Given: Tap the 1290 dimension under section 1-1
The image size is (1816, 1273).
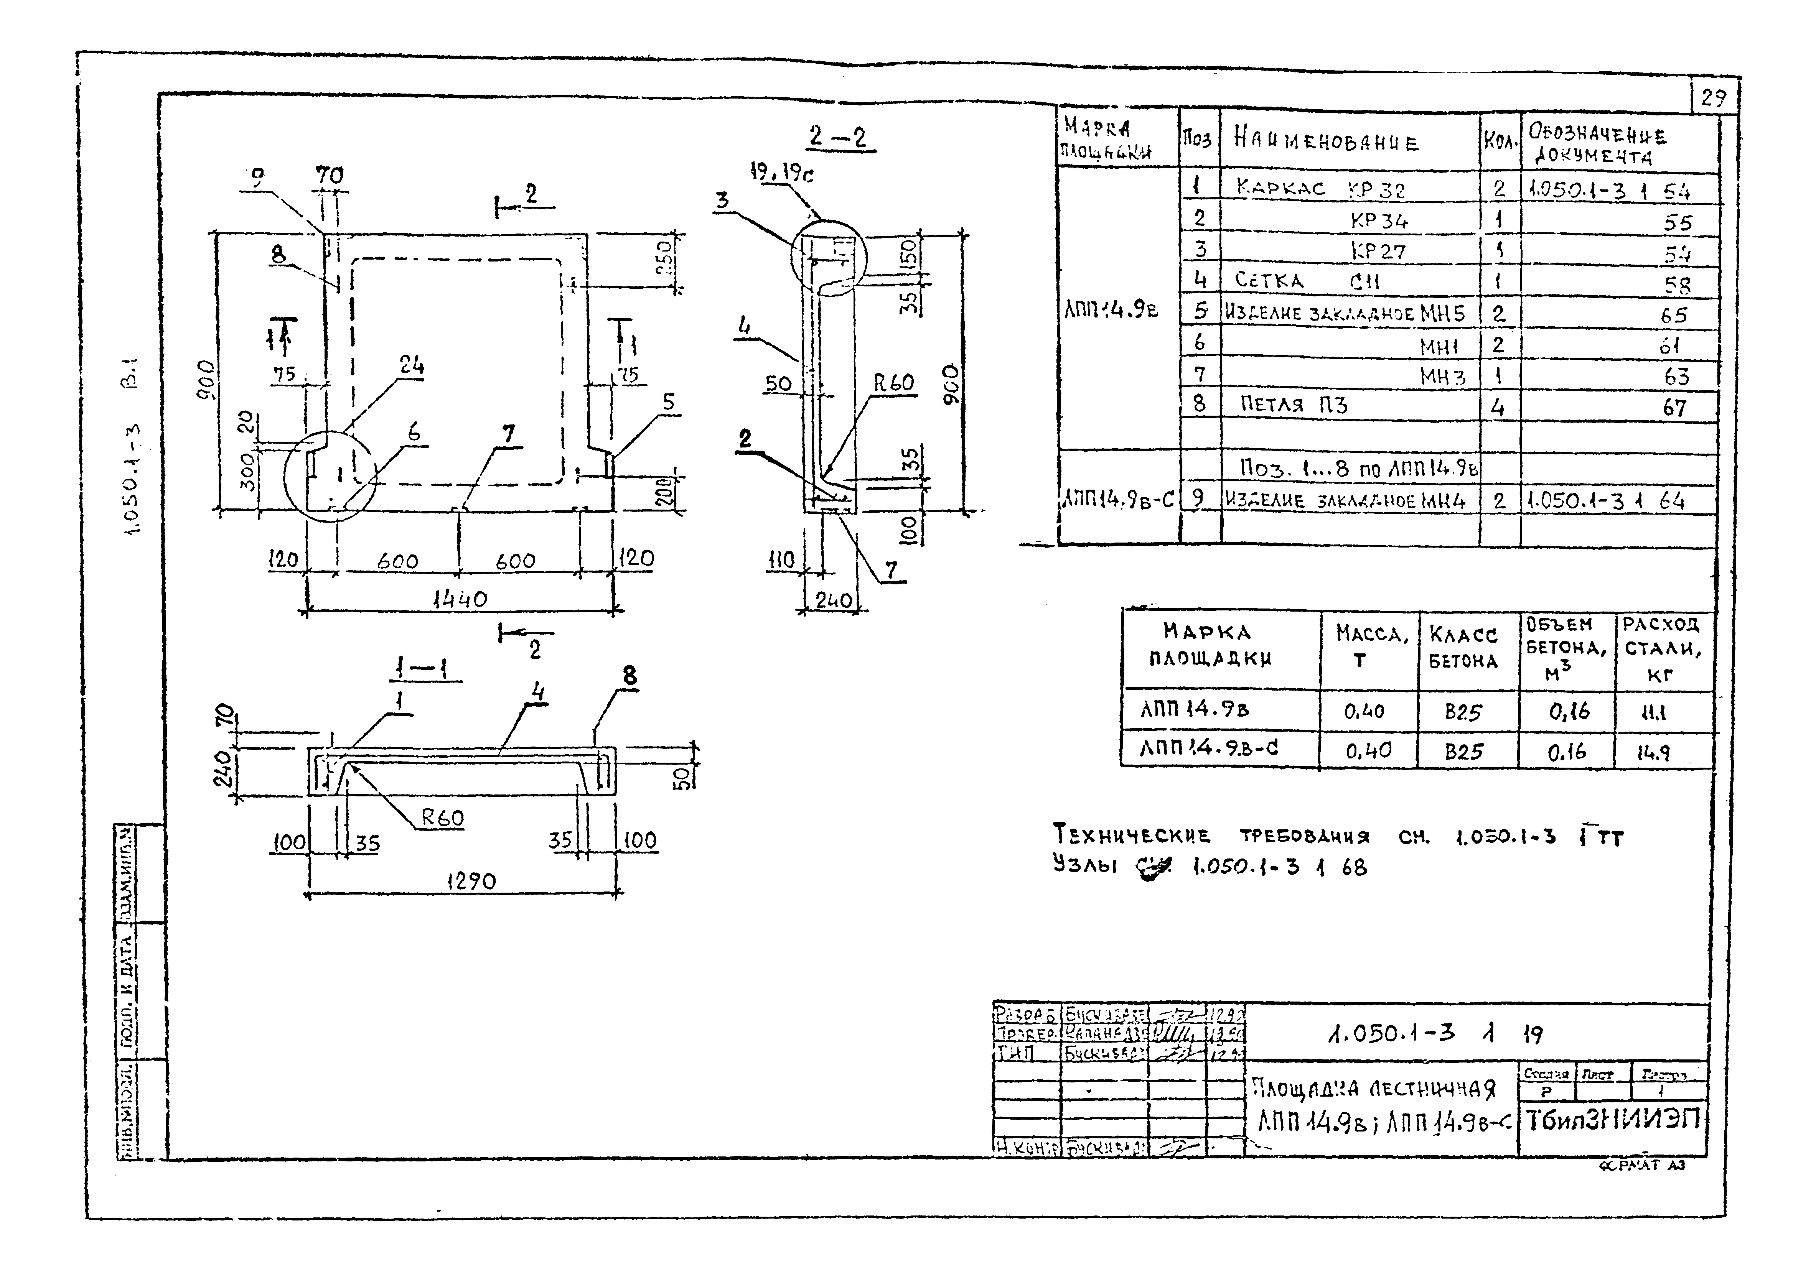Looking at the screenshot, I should pyautogui.click(x=471, y=881).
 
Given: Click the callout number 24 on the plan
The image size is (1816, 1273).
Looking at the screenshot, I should pyautogui.click(x=411, y=365).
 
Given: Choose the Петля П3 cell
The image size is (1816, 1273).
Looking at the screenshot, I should pyautogui.click(x=1293, y=405).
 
